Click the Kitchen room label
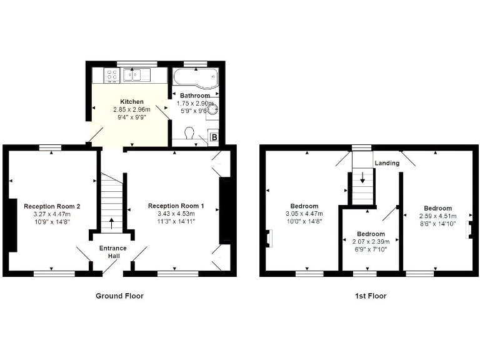[x=132, y=101]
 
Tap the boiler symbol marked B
[x=214, y=137]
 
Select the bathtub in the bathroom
[x=194, y=79]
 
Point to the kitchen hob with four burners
[x=112, y=76]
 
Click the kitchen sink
[x=137, y=76]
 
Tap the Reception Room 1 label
[x=176, y=206]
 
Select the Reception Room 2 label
[x=52, y=206]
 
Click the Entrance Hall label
[x=113, y=252]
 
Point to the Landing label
[x=387, y=163]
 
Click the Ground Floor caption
[x=119, y=296]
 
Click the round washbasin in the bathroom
[x=213, y=109]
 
